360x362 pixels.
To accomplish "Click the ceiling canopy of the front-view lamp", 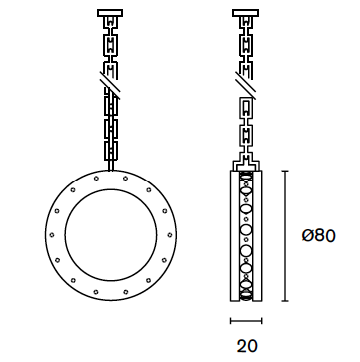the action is point(110,13).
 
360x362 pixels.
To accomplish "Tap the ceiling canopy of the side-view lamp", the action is point(245,13).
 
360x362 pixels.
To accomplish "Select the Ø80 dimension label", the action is point(319,236).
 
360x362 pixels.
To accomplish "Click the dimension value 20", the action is point(247,346).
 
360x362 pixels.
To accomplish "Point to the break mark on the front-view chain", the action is point(110,85).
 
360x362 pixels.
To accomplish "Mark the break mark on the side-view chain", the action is point(245,85).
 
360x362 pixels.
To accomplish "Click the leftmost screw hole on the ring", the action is point(52,235).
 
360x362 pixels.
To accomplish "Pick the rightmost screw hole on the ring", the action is point(170,235).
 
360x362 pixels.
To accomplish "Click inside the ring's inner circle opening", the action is point(111,235).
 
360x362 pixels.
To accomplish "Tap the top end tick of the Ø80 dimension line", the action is point(285,171).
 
